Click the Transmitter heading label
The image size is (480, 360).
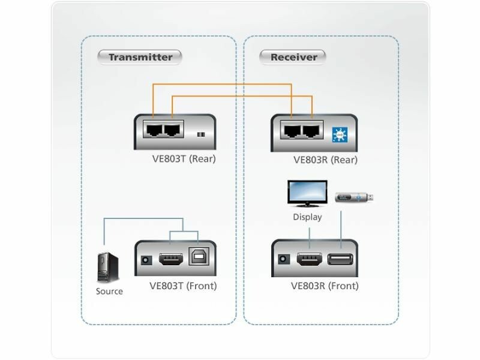click(140, 58)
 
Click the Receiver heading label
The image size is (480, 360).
click(293, 58)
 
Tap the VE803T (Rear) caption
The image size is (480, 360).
click(184, 159)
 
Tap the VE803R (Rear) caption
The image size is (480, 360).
click(325, 160)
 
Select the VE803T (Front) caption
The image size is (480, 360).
click(183, 286)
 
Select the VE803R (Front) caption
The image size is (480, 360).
click(325, 286)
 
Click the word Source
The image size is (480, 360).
click(109, 292)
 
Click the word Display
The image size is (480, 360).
click(307, 217)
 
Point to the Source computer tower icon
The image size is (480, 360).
click(109, 268)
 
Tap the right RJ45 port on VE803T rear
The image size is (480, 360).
click(173, 129)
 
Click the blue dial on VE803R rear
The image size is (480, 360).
click(340, 133)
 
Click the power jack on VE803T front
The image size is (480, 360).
click(145, 260)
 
